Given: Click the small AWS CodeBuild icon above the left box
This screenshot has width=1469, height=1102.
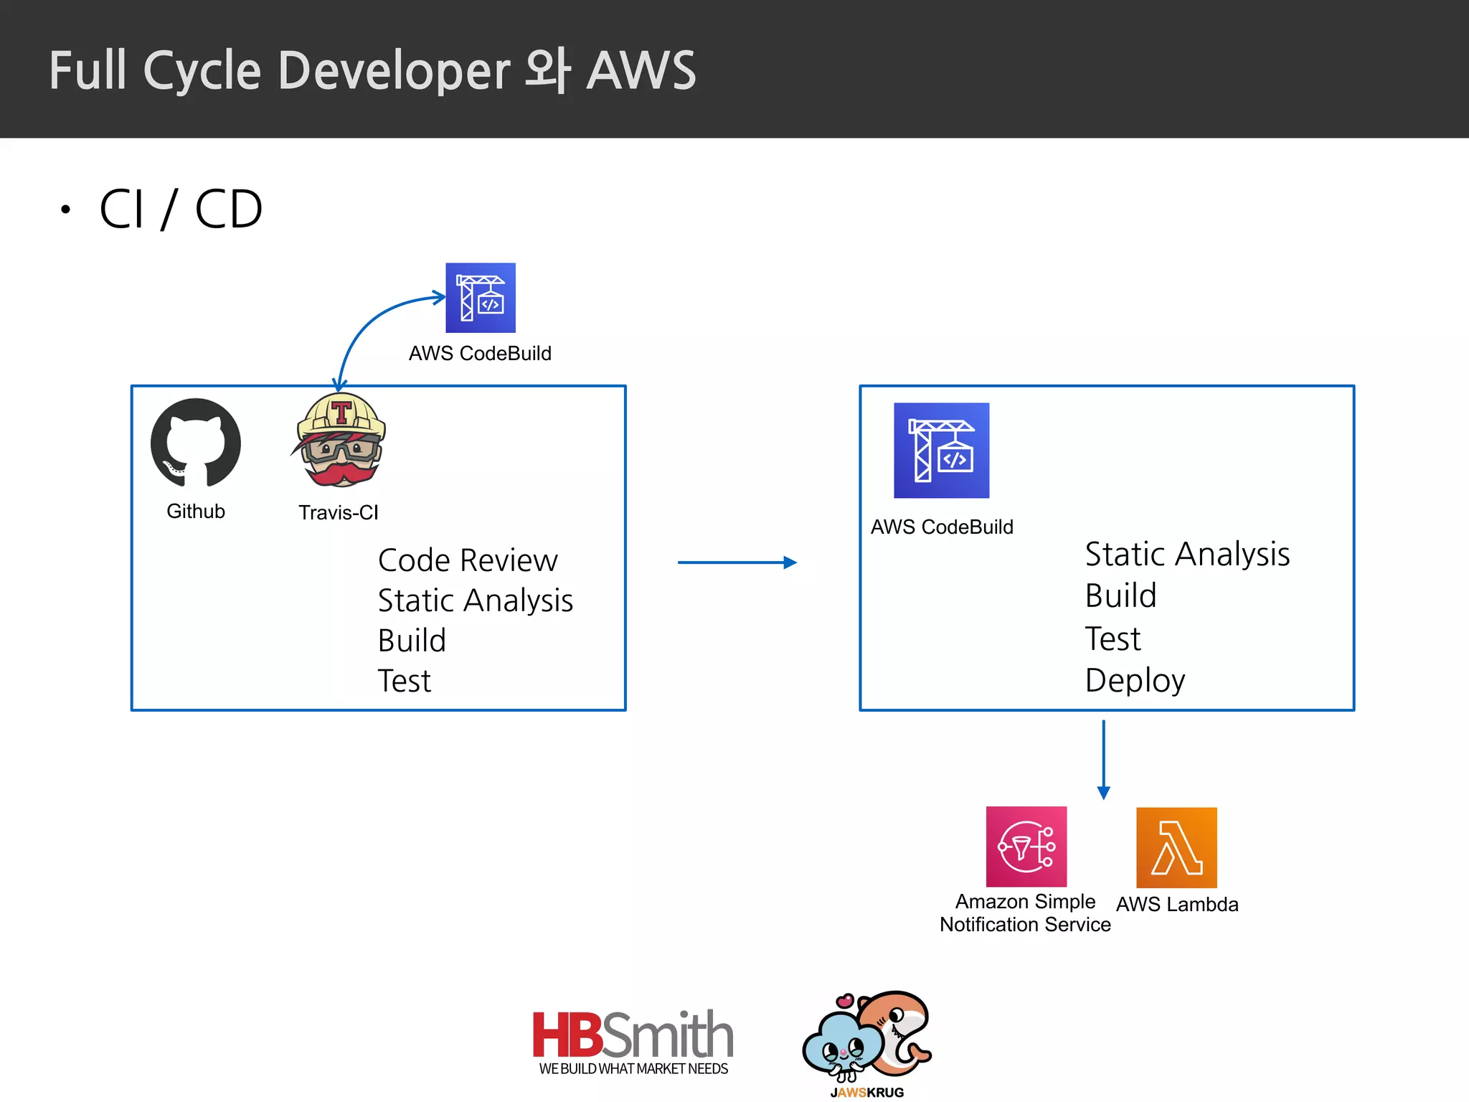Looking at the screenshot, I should click(x=480, y=298).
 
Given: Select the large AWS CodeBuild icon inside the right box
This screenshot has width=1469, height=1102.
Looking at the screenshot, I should click(x=941, y=451).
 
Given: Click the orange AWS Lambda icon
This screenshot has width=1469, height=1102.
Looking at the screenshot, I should click(x=1176, y=847).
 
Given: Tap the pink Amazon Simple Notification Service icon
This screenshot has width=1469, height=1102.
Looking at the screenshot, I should click(x=1026, y=847).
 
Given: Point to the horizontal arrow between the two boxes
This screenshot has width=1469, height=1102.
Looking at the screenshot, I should click(x=737, y=562).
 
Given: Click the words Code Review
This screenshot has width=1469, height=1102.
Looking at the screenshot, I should click(x=468, y=560).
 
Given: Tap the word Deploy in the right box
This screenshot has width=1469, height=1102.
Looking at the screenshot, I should click(x=1135, y=680).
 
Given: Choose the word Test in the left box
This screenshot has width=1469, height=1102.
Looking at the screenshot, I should click(x=405, y=681).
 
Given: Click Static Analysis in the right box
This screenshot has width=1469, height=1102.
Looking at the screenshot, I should click(x=1187, y=555).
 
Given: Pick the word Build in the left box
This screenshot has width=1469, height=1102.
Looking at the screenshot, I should click(x=412, y=640).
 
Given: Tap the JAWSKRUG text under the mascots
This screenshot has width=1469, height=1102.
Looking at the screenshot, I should click(x=866, y=1092).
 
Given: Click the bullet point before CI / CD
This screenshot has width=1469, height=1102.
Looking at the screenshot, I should click(x=66, y=209).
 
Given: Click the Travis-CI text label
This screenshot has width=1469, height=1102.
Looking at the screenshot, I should click(x=339, y=512).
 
